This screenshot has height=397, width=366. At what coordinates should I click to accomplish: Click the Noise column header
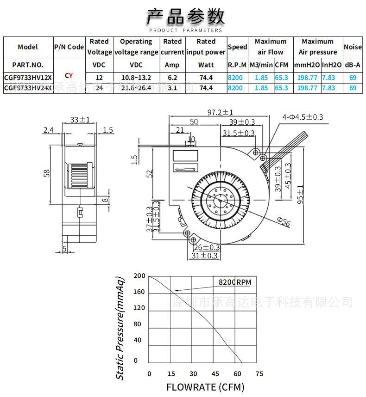coord(353,47)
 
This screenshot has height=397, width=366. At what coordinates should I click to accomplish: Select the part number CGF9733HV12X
coord(28,77)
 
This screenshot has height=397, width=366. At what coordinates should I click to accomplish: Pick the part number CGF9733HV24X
coord(28,87)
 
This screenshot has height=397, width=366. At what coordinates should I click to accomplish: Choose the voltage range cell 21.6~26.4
coord(136,87)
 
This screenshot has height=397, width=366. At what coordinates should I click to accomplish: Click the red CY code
coord(69,75)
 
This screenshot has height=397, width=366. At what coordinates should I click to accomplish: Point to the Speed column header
coord(238,47)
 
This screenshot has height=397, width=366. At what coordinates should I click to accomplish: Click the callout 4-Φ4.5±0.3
coord(303,117)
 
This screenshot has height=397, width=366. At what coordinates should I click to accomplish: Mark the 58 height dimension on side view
coord(46,173)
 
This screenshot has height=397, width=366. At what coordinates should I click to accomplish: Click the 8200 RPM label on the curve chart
coord(234,281)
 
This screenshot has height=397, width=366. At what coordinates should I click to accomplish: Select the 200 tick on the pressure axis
coord(139,276)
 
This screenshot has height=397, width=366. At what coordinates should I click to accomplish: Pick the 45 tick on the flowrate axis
coord(215,373)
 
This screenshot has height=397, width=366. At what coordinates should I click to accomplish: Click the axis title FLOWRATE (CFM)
coord(205,387)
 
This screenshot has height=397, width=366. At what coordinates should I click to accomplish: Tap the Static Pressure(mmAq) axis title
coord(120,328)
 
